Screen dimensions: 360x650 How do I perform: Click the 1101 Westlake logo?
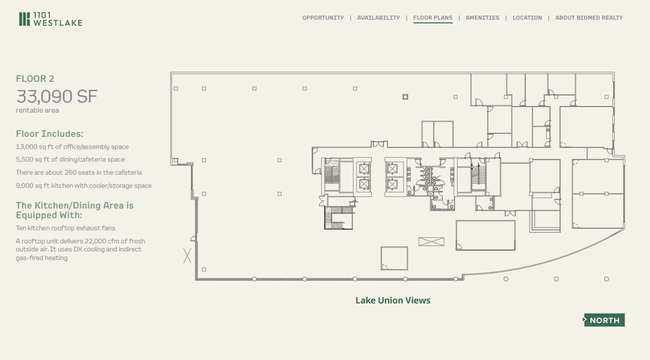(x=51, y=19)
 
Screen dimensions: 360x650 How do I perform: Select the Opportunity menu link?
(x=323, y=18)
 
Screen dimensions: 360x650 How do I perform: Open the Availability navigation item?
(x=378, y=18)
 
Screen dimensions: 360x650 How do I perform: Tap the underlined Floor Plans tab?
(x=433, y=18)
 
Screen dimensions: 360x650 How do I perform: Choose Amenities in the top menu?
(x=482, y=18)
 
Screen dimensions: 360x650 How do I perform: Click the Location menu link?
(x=527, y=18)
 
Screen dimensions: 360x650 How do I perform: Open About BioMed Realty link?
(x=589, y=18)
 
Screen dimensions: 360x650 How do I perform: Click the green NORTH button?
(x=604, y=320)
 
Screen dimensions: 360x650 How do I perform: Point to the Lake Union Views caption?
(x=393, y=300)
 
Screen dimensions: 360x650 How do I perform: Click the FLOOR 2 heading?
(x=35, y=79)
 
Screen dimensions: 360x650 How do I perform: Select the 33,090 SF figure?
(x=57, y=96)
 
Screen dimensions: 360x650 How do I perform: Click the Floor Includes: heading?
(x=49, y=134)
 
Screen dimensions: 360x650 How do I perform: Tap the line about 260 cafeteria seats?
(x=79, y=173)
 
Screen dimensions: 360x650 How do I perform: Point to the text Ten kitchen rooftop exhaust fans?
(x=66, y=228)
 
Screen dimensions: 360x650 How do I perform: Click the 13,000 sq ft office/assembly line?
(x=72, y=147)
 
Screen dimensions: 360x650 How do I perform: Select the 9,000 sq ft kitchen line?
(x=84, y=186)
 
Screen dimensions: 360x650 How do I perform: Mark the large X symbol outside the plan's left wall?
(x=187, y=255)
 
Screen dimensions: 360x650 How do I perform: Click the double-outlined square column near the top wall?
(x=405, y=97)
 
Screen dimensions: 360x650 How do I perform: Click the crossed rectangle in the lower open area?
(x=431, y=242)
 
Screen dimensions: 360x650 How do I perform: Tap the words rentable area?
(x=37, y=111)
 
